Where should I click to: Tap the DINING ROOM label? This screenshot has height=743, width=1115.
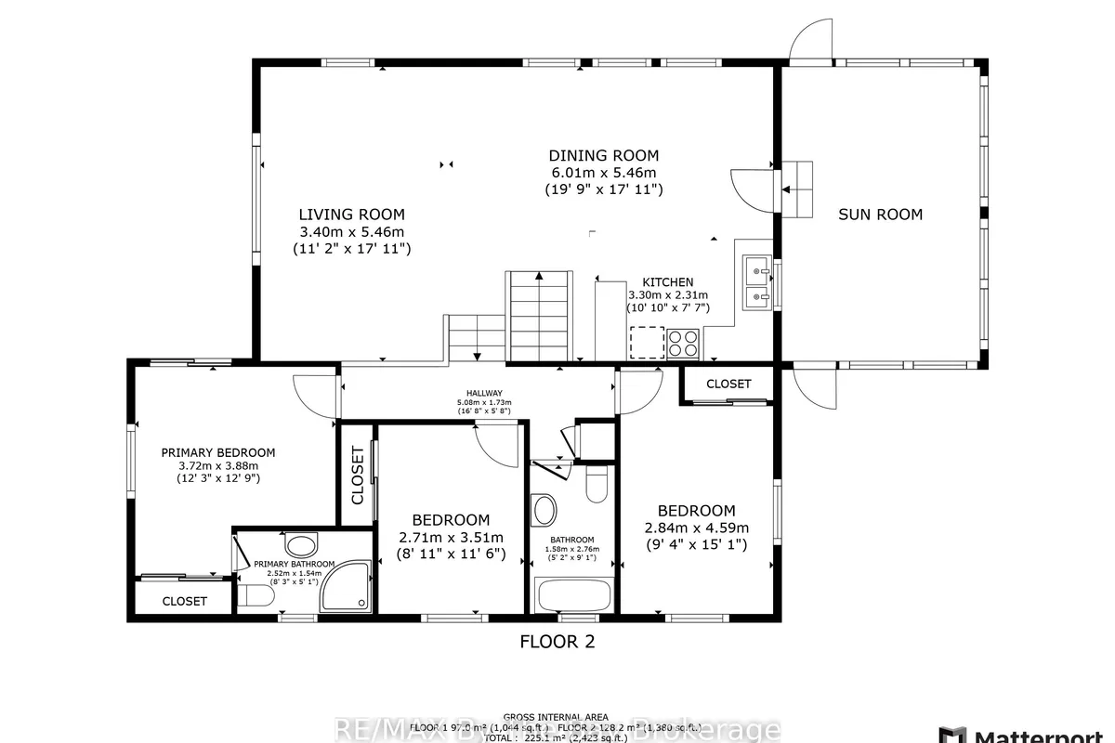[603, 155]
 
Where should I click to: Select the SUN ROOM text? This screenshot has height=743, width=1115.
[880, 215]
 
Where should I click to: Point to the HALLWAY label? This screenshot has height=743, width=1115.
[484, 393]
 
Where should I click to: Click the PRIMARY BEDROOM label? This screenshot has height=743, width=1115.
[218, 452]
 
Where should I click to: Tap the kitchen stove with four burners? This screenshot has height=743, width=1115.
[683, 343]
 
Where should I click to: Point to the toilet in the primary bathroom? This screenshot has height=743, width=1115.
[253, 596]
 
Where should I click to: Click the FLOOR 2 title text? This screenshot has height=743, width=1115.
[557, 641]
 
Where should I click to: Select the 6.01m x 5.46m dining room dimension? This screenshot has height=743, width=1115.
[603, 173]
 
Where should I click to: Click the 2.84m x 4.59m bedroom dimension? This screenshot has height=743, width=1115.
[696, 528]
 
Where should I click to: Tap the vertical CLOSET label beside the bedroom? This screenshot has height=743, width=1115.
[358, 476]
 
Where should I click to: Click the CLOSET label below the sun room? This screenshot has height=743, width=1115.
[728, 384]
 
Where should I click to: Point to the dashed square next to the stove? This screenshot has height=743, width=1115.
[647, 342]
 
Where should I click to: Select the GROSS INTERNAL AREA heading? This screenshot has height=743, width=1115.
[556, 717]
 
